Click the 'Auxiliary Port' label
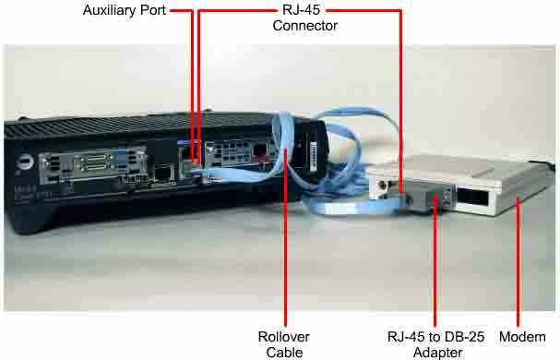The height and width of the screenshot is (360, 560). click(124, 11)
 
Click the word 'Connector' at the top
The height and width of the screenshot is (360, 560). click(304, 26)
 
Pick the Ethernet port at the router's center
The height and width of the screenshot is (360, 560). click(162, 172)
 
